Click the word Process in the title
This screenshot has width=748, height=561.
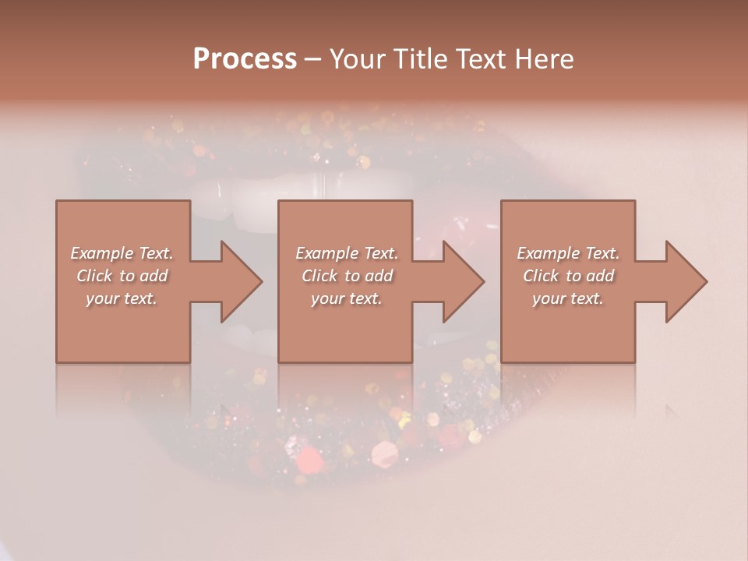pyautogui.click(x=245, y=59)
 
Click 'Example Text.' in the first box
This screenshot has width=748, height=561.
pyautogui.click(x=122, y=253)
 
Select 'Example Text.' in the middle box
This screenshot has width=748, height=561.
pyautogui.click(x=346, y=253)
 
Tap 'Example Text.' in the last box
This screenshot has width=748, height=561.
pyautogui.click(x=568, y=253)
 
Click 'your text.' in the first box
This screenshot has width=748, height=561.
pyautogui.click(x=122, y=298)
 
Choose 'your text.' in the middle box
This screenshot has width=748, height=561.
pyautogui.click(x=346, y=298)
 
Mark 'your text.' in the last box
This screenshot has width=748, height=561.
pyautogui.click(x=568, y=298)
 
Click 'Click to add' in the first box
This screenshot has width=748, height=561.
pyautogui.click(x=122, y=276)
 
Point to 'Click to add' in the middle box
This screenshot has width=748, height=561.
pyautogui.click(x=346, y=276)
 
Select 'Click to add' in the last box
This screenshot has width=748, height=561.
pyautogui.click(x=568, y=276)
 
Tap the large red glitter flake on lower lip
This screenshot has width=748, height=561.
pyautogui.click(x=309, y=460)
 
